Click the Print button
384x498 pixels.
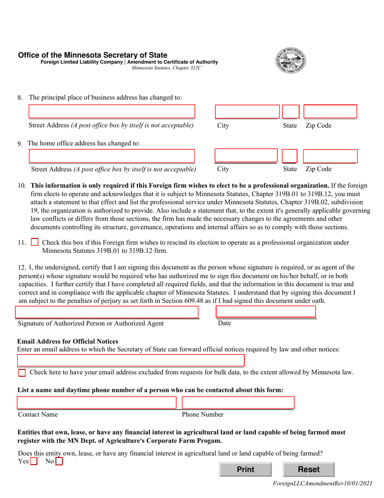click(245, 469)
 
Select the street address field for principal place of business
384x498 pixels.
click(112, 112)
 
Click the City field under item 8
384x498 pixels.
click(247, 112)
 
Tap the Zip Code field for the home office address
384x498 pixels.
click(330, 156)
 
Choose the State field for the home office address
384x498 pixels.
click(289, 156)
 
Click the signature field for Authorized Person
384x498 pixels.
click(107, 312)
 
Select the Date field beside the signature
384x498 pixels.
click(266, 311)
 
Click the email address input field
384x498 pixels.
click(131, 360)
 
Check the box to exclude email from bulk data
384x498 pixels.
click(22, 372)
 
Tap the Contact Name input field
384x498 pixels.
click(97, 403)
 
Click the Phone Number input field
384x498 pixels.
click(238, 403)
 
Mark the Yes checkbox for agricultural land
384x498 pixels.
click(34, 461)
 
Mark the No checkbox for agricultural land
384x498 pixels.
click(59, 461)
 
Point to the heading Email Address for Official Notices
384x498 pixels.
click(68, 341)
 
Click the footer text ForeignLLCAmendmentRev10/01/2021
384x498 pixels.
click(323, 483)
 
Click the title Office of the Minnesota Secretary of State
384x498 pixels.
click(93, 55)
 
